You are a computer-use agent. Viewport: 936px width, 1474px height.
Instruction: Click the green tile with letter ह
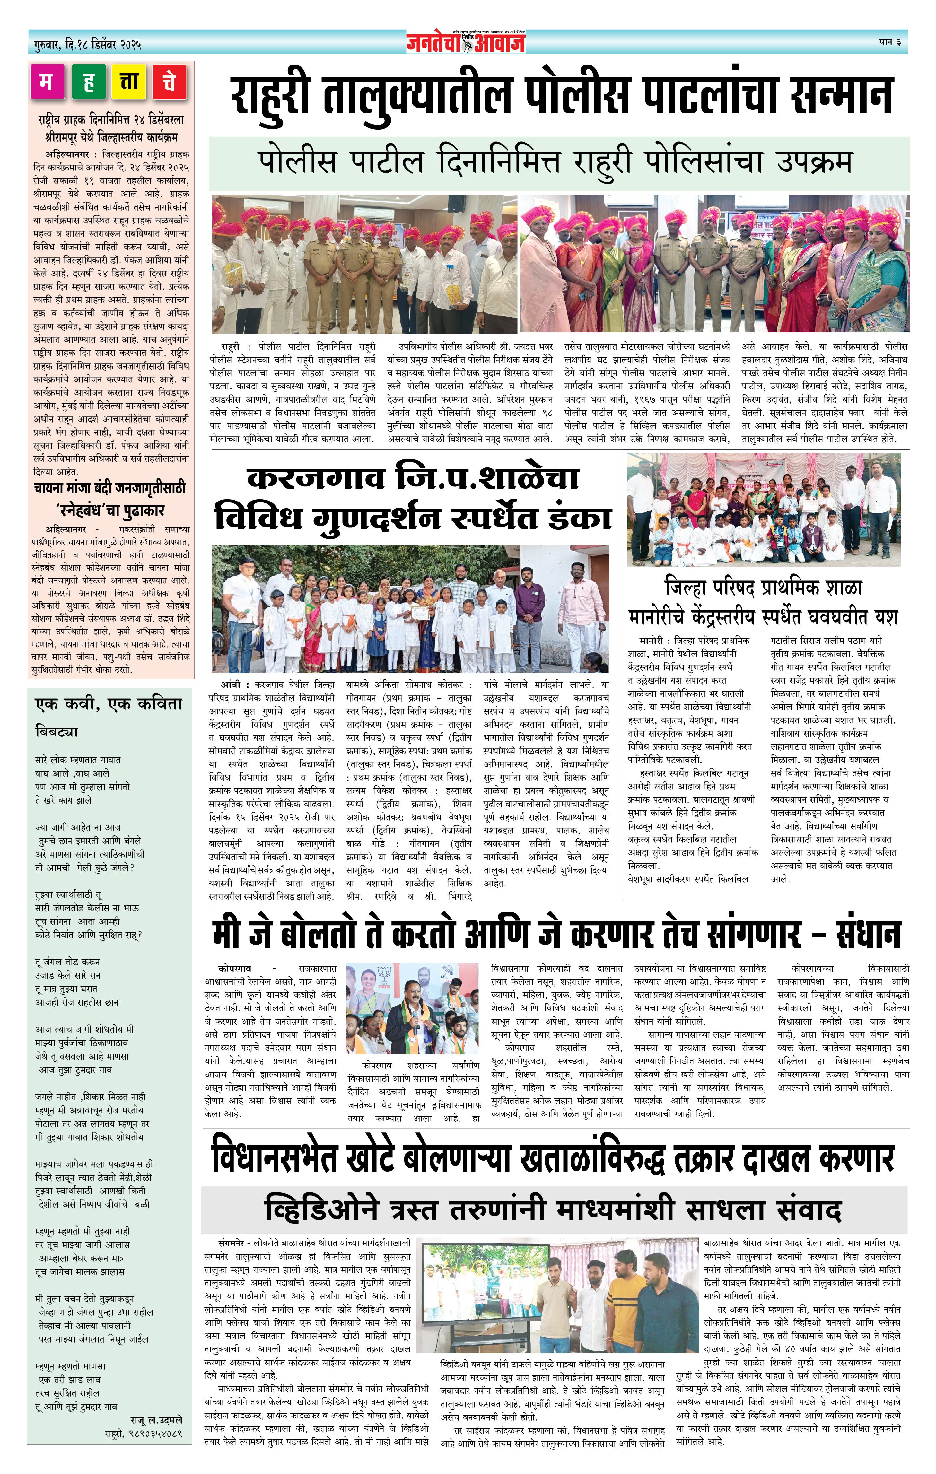coord(88,82)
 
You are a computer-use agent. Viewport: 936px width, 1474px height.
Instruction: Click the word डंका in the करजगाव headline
coord(580,517)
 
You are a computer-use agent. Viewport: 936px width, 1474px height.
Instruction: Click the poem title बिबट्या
coord(56,731)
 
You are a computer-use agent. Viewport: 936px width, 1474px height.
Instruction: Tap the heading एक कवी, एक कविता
coord(108,704)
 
